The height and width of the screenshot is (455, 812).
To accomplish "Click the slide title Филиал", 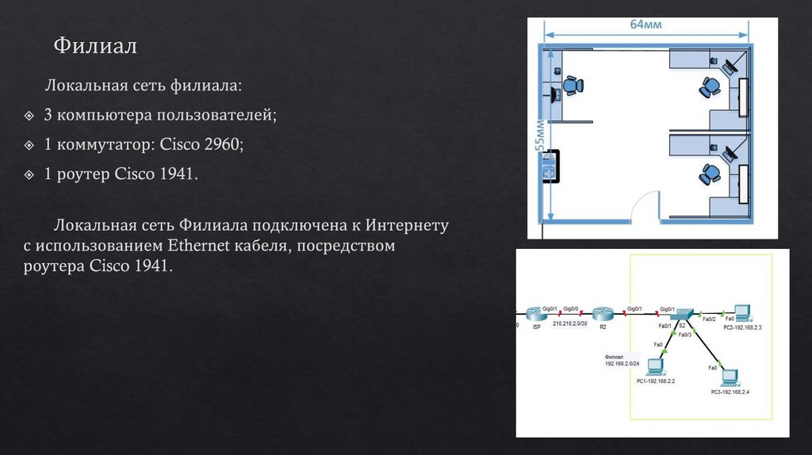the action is point(95,46).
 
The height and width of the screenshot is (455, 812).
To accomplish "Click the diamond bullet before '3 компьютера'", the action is point(29,117).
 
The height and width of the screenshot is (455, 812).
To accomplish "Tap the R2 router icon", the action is point(603,314).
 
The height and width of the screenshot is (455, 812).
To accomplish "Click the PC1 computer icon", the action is point(656,367).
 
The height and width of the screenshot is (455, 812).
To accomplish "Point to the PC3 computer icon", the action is point(730,377).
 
